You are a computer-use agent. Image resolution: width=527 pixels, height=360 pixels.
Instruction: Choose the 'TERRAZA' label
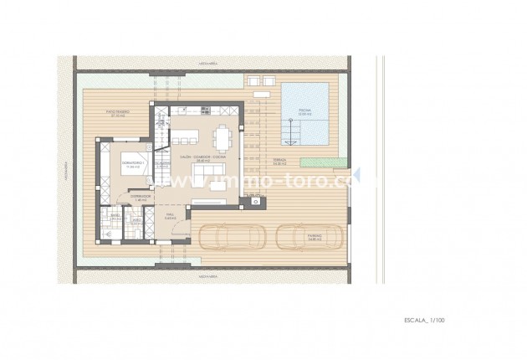[280, 161]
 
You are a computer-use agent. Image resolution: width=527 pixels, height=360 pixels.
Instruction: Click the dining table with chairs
[222, 134]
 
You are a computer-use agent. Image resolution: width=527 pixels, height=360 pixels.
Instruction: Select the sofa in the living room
[205, 173]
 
